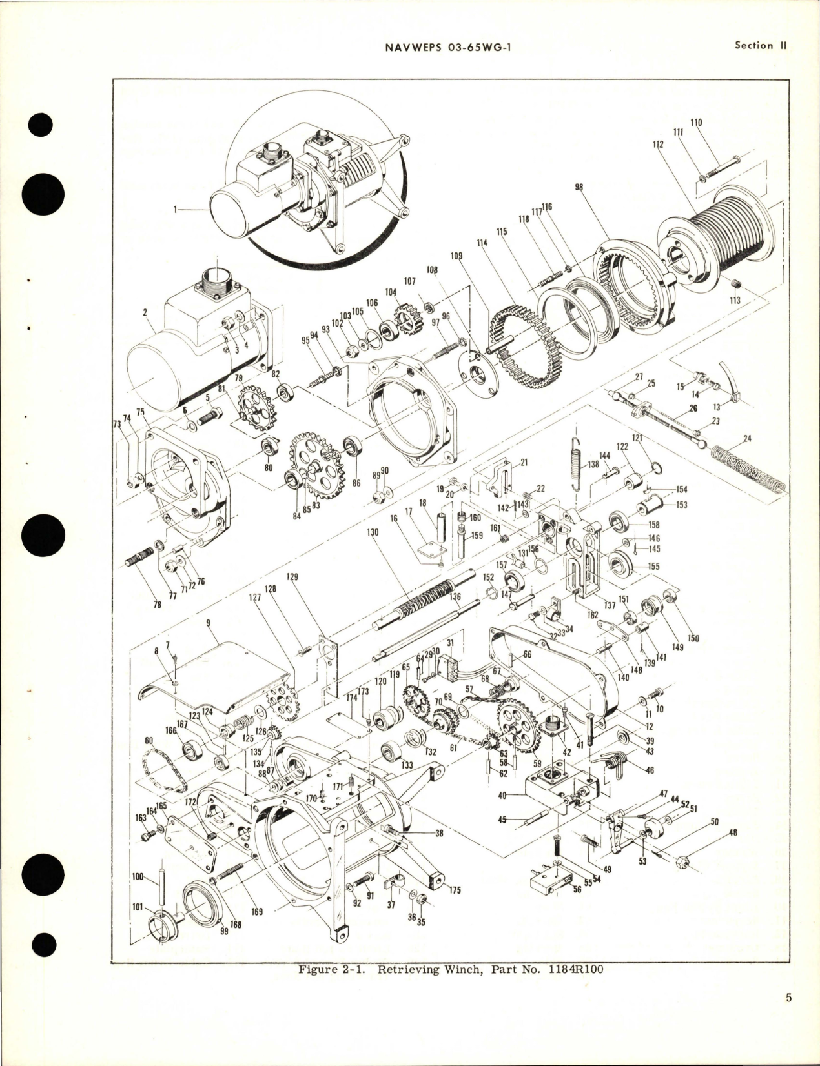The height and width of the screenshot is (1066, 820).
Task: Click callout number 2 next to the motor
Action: (x=146, y=312)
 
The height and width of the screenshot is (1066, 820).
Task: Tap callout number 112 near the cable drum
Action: (x=658, y=145)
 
